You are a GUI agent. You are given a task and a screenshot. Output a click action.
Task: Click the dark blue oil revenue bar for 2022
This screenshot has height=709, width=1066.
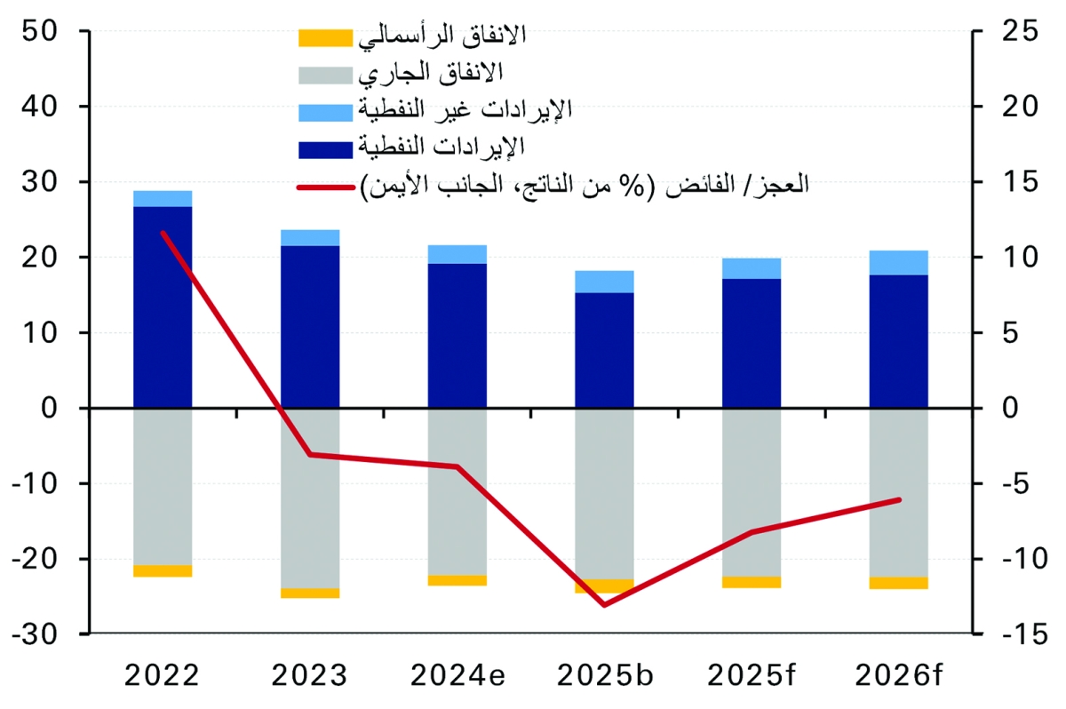pyautogui.click(x=163, y=307)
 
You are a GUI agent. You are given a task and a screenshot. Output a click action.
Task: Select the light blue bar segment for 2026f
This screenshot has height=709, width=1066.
pyautogui.click(x=898, y=263)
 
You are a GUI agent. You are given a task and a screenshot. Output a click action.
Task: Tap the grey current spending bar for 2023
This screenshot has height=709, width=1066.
pyautogui.click(x=310, y=498)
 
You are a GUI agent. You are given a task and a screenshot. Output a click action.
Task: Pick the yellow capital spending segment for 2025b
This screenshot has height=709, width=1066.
pyautogui.click(x=604, y=586)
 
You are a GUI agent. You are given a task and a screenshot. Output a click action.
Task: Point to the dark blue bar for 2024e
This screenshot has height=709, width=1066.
pyautogui.click(x=457, y=336)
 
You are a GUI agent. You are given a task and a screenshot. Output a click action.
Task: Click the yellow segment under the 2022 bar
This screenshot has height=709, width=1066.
pyautogui.click(x=163, y=570)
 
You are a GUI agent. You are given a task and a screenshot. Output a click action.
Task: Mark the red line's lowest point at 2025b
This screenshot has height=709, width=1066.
pyautogui.click(x=604, y=605)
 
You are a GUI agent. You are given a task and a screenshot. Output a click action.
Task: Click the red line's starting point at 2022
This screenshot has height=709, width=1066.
pyautogui.click(x=163, y=233)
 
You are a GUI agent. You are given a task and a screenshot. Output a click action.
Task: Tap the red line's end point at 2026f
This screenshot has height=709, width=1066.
pyautogui.click(x=899, y=499)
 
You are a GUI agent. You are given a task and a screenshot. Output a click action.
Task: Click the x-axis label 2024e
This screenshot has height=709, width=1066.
pyautogui.click(x=457, y=677)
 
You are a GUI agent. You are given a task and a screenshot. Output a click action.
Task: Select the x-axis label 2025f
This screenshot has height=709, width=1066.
pyautogui.click(x=752, y=677)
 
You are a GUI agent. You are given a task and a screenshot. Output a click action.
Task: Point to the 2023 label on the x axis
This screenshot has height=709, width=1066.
pyautogui.click(x=310, y=677)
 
